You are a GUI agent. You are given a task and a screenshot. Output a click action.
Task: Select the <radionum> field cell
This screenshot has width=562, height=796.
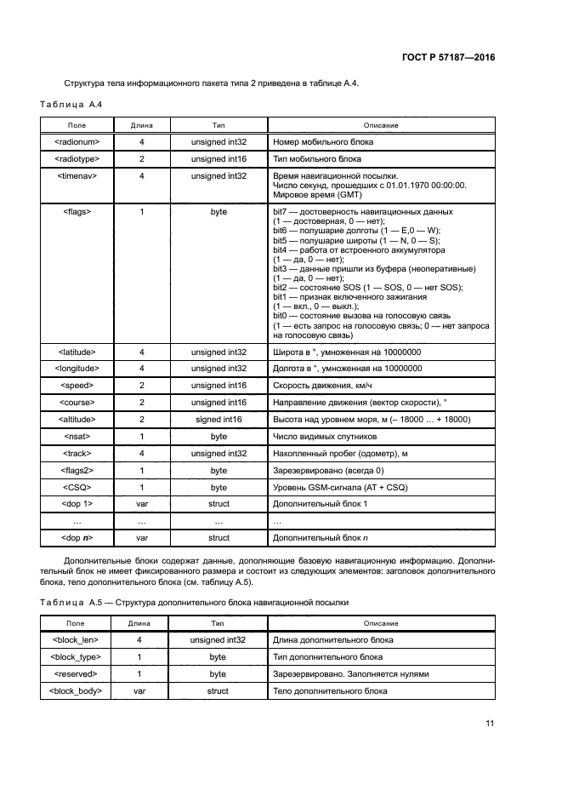click(77, 142)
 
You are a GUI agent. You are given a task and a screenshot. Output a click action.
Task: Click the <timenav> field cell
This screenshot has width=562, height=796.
click(77, 175)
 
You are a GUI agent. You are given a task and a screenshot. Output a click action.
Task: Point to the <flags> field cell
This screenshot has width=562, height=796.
click(77, 211)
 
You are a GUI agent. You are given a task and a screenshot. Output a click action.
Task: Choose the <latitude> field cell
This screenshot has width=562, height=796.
click(77, 352)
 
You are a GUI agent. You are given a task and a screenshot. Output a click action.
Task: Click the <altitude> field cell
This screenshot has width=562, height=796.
click(77, 420)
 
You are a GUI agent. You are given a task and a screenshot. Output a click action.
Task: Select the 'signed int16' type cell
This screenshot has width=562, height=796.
click(219, 420)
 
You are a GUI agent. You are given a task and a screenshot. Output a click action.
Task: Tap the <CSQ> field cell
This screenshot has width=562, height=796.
click(77, 488)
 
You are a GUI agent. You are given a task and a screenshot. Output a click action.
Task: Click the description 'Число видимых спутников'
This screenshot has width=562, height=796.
click(318, 437)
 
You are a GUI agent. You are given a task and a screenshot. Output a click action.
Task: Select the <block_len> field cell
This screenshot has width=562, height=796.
click(77, 640)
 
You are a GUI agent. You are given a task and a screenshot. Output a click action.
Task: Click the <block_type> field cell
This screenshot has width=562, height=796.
click(77, 657)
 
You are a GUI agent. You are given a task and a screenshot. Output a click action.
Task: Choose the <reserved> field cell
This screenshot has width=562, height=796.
click(77, 673)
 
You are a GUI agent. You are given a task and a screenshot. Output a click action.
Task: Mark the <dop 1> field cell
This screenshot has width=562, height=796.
click(77, 504)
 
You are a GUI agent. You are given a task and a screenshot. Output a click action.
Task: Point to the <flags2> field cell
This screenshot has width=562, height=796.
click(77, 470)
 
